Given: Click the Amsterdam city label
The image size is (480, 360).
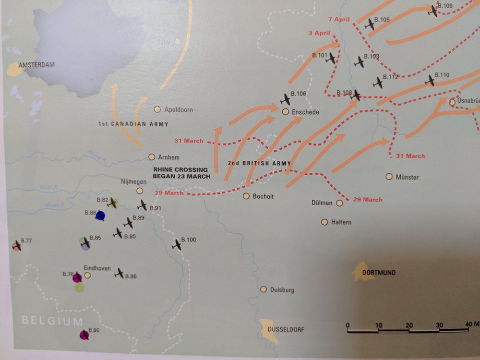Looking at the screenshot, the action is (x=37, y=65).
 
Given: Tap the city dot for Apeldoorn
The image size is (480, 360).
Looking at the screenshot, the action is (x=157, y=109).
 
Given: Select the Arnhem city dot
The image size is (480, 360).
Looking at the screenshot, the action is (x=152, y=157).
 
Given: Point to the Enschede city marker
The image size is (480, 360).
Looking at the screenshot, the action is (x=285, y=112).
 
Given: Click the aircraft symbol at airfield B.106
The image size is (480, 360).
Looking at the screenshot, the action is (x=286, y=99).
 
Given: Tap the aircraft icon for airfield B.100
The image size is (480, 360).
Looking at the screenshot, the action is (x=177, y=244).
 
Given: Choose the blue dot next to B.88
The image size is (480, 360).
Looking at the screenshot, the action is (x=100, y=216).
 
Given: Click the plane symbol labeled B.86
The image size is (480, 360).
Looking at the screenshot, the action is (x=119, y=273).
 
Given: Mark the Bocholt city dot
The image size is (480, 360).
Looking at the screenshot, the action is (x=246, y=196).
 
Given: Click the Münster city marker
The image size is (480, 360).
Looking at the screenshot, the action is (x=389, y=177).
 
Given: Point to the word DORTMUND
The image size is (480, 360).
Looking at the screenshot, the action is (x=379, y=273).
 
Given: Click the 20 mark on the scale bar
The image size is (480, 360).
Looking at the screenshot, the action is (x=409, y=325).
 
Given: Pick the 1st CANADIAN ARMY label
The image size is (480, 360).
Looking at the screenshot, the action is (x=133, y=124).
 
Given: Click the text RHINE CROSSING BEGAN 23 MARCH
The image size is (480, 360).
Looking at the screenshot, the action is (x=180, y=173).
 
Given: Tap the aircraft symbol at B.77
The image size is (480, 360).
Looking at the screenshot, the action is (x=17, y=246).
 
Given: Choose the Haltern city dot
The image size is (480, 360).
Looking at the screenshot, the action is (x=324, y=222).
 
